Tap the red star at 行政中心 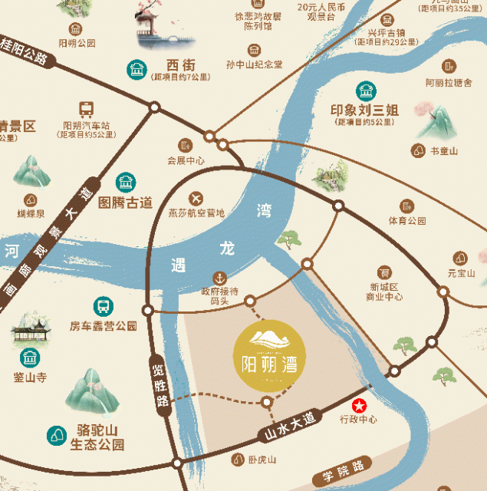tap(358, 406)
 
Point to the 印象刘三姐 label tap(364, 110)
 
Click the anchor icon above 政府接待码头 tap(220, 277)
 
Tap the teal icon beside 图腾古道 tap(124, 183)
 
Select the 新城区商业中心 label tap(383, 291)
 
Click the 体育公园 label tap(406, 221)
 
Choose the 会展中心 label tap(186, 160)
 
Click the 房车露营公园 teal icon tap(102, 306)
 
